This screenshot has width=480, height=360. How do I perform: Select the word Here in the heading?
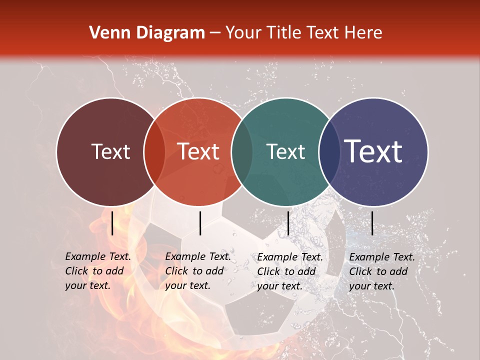coord(364,33)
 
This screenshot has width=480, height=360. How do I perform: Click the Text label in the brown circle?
coord(110,151)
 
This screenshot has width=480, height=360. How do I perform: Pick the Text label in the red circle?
coord(198,151)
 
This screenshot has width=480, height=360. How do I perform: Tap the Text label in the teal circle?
coord(286,151)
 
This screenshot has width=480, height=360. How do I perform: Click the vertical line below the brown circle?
coord(112,223)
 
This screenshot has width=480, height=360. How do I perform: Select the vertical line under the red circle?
coord(200,223)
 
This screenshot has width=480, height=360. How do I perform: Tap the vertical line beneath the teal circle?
coord(288,223)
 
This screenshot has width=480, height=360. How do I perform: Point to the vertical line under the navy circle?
coord(372,223)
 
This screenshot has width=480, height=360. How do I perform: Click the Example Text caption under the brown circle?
coord(97,271)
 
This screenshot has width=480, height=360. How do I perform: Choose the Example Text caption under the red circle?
coord(197,271)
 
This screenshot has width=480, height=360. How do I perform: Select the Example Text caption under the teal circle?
coord(289,271)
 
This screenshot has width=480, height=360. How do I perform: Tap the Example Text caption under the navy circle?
coord(381,271)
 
